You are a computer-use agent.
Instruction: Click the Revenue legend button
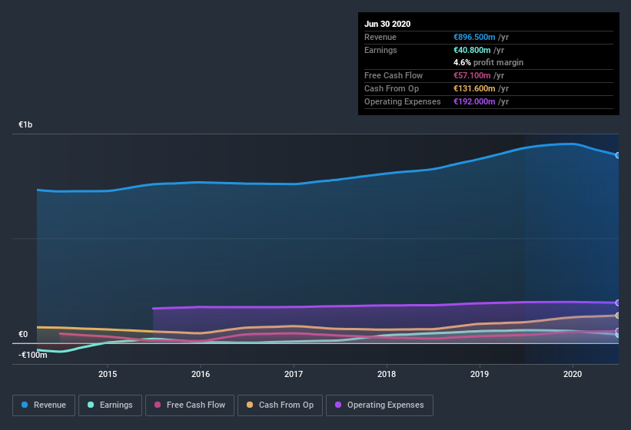click(x=45, y=405)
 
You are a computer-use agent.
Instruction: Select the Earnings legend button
click(x=110, y=405)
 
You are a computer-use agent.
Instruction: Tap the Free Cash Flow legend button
click(x=190, y=405)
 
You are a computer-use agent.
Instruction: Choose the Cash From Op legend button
click(x=280, y=405)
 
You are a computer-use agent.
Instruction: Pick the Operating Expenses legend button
click(x=379, y=405)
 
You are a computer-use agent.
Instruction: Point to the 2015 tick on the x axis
click(x=108, y=374)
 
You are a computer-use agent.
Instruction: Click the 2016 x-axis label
click(x=201, y=374)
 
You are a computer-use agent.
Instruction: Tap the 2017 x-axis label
click(x=294, y=374)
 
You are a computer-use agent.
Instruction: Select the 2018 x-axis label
click(x=387, y=374)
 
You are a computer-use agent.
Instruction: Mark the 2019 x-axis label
click(x=480, y=374)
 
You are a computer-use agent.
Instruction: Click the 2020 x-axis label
click(x=573, y=374)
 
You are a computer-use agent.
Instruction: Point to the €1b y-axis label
click(x=25, y=124)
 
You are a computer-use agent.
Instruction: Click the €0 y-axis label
click(x=23, y=334)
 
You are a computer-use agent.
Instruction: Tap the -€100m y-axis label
click(x=33, y=355)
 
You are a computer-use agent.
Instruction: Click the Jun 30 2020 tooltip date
click(x=387, y=24)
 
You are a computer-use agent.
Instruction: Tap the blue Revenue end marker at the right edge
click(x=618, y=155)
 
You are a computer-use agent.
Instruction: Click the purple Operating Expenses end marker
click(x=618, y=303)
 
